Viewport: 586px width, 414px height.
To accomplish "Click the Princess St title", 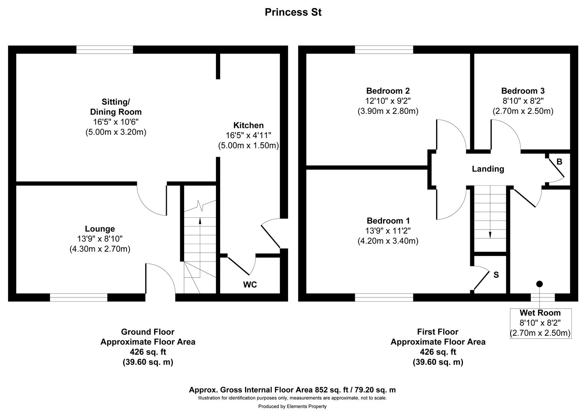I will point(293,12).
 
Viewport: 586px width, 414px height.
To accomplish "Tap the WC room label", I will point(250,284).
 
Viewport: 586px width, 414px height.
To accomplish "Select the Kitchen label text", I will point(249,125).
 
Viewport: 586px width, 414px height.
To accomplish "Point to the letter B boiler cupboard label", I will point(559,162).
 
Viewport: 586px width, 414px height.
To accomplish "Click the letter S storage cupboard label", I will point(496,275).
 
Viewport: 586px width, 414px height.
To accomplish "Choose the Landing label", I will point(488,169).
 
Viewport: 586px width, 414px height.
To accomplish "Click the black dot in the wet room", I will point(539,284).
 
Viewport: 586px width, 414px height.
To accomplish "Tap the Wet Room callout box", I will point(540,323).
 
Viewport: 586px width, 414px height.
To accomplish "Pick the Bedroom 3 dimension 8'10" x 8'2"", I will point(523,101).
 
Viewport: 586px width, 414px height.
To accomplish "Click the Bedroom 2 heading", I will point(388,91).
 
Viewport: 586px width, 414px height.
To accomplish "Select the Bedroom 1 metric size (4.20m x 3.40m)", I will point(388,241).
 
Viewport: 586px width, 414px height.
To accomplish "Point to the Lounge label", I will point(100,229).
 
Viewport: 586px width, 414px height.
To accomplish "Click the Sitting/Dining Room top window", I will point(105,49).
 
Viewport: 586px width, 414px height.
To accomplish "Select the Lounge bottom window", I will point(79,297).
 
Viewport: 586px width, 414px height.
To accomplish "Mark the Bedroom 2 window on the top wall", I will point(384,49).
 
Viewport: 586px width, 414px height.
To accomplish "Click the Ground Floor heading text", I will point(148,332).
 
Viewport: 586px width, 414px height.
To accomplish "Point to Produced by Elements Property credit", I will point(292,406).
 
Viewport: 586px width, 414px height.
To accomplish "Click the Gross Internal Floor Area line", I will point(292,390).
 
